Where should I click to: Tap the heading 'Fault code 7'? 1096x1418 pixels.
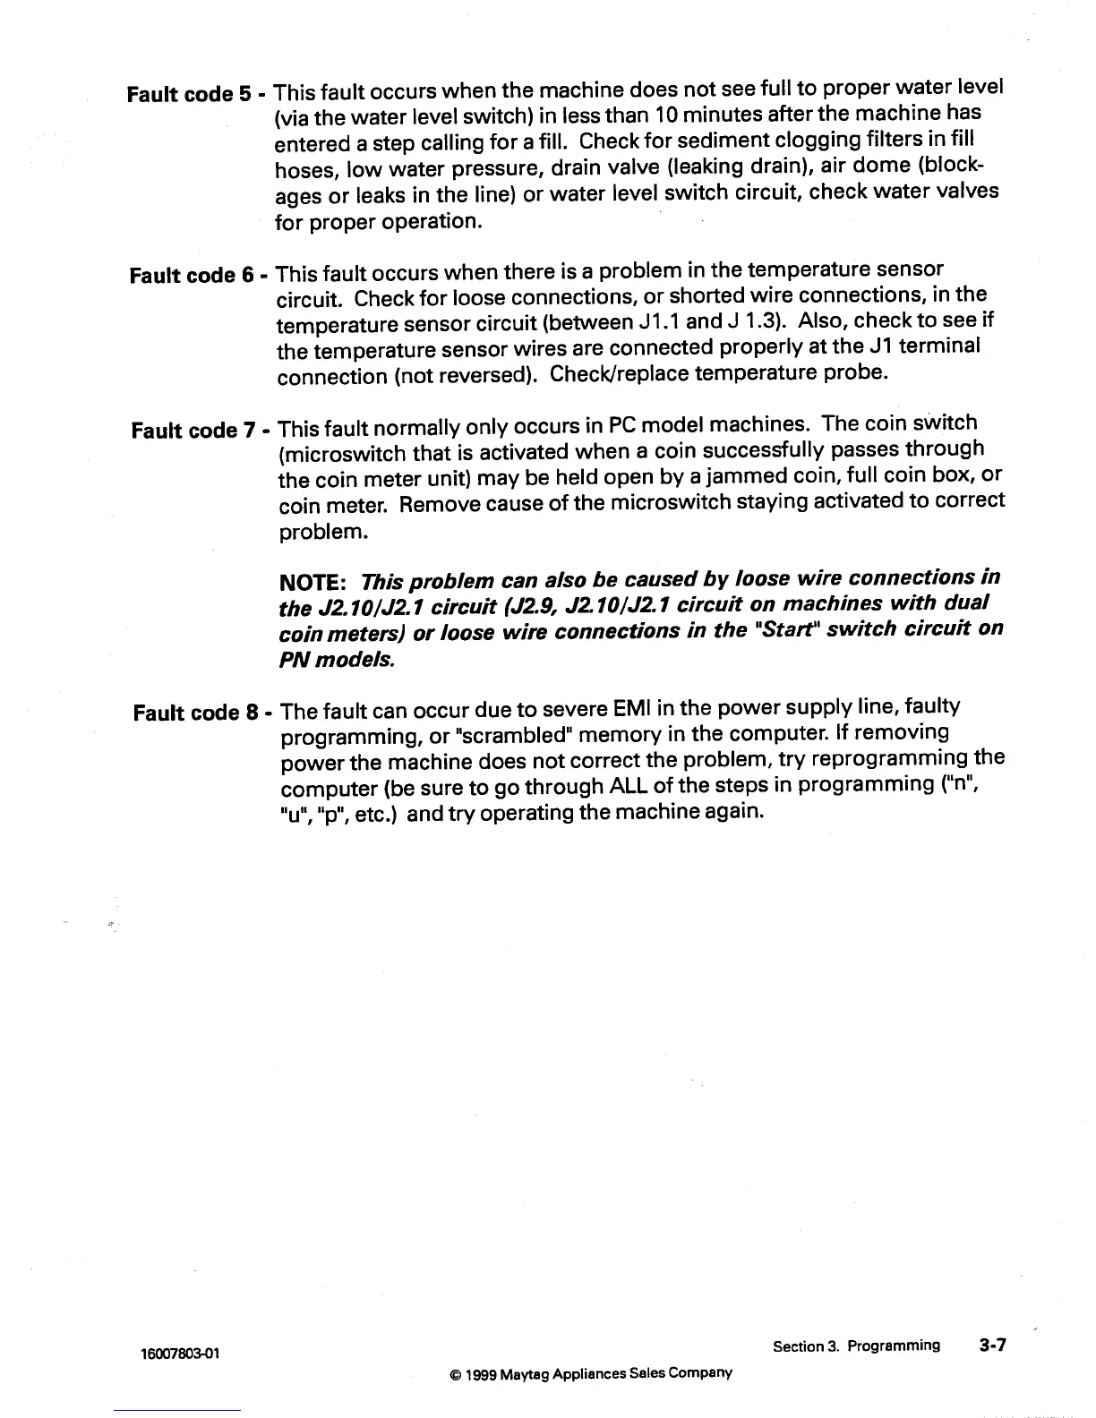(x=190, y=431)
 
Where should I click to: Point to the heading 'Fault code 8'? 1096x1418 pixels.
(x=192, y=713)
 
